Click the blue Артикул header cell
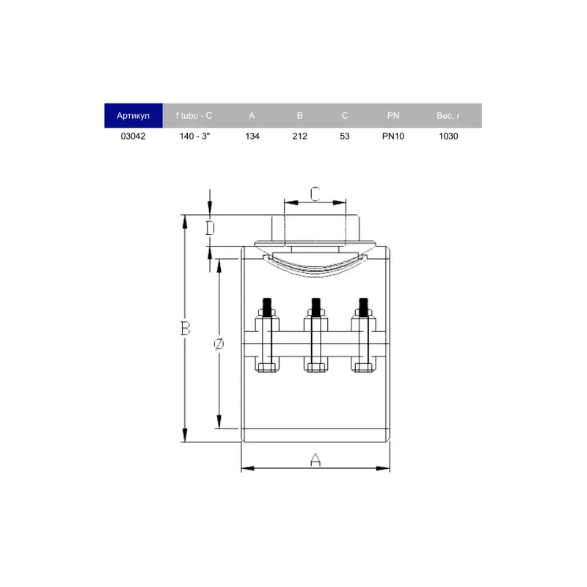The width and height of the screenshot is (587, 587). click(134, 116)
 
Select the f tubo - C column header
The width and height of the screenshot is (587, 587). click(194, 116)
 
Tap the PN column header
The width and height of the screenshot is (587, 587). click(393, 116)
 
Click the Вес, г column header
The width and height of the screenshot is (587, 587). click(448, 116)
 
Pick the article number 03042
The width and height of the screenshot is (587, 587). click(133, 136)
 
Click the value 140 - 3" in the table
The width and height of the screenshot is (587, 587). click(194, 136)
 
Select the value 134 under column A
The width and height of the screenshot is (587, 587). click(252, 136)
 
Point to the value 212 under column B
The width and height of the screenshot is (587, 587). click(300, 136)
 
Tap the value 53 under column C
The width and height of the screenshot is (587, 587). click(345, 136)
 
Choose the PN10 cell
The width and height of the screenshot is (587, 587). click(393, 136)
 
